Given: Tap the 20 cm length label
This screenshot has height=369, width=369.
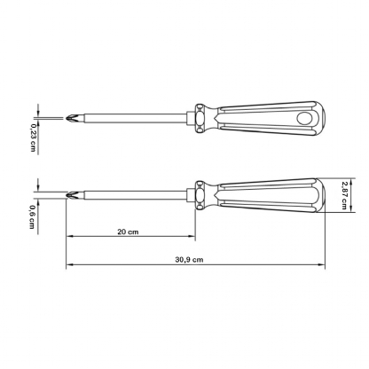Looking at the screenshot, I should [x=129, y=232].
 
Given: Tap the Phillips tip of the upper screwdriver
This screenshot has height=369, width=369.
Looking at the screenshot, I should [x=72, y=118].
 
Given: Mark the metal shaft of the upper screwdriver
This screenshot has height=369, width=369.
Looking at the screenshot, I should [x=133, y=118].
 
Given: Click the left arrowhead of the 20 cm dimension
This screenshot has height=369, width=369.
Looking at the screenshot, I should [x=68, y=239].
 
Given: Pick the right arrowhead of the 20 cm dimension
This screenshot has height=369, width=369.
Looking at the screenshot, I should [x=192, y=239].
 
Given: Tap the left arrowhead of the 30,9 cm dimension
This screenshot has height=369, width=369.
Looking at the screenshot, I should [x=68, y=265].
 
